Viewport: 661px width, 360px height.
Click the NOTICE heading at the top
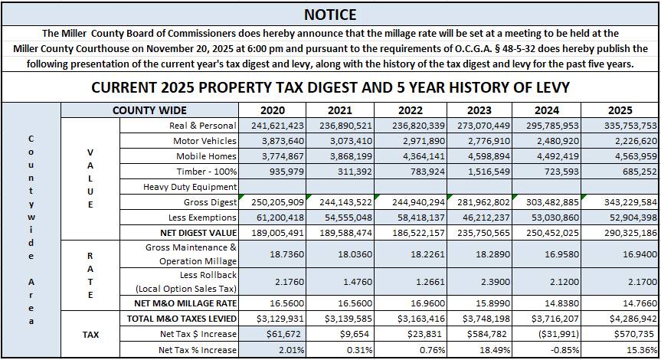[330, 14]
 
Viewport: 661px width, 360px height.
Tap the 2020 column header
[273, 110]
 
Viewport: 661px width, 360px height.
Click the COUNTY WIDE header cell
[149, 110]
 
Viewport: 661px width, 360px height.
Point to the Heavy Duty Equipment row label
[190, 187]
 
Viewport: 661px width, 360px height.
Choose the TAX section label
[90, 334]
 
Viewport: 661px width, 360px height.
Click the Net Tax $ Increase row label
[198, 334]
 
